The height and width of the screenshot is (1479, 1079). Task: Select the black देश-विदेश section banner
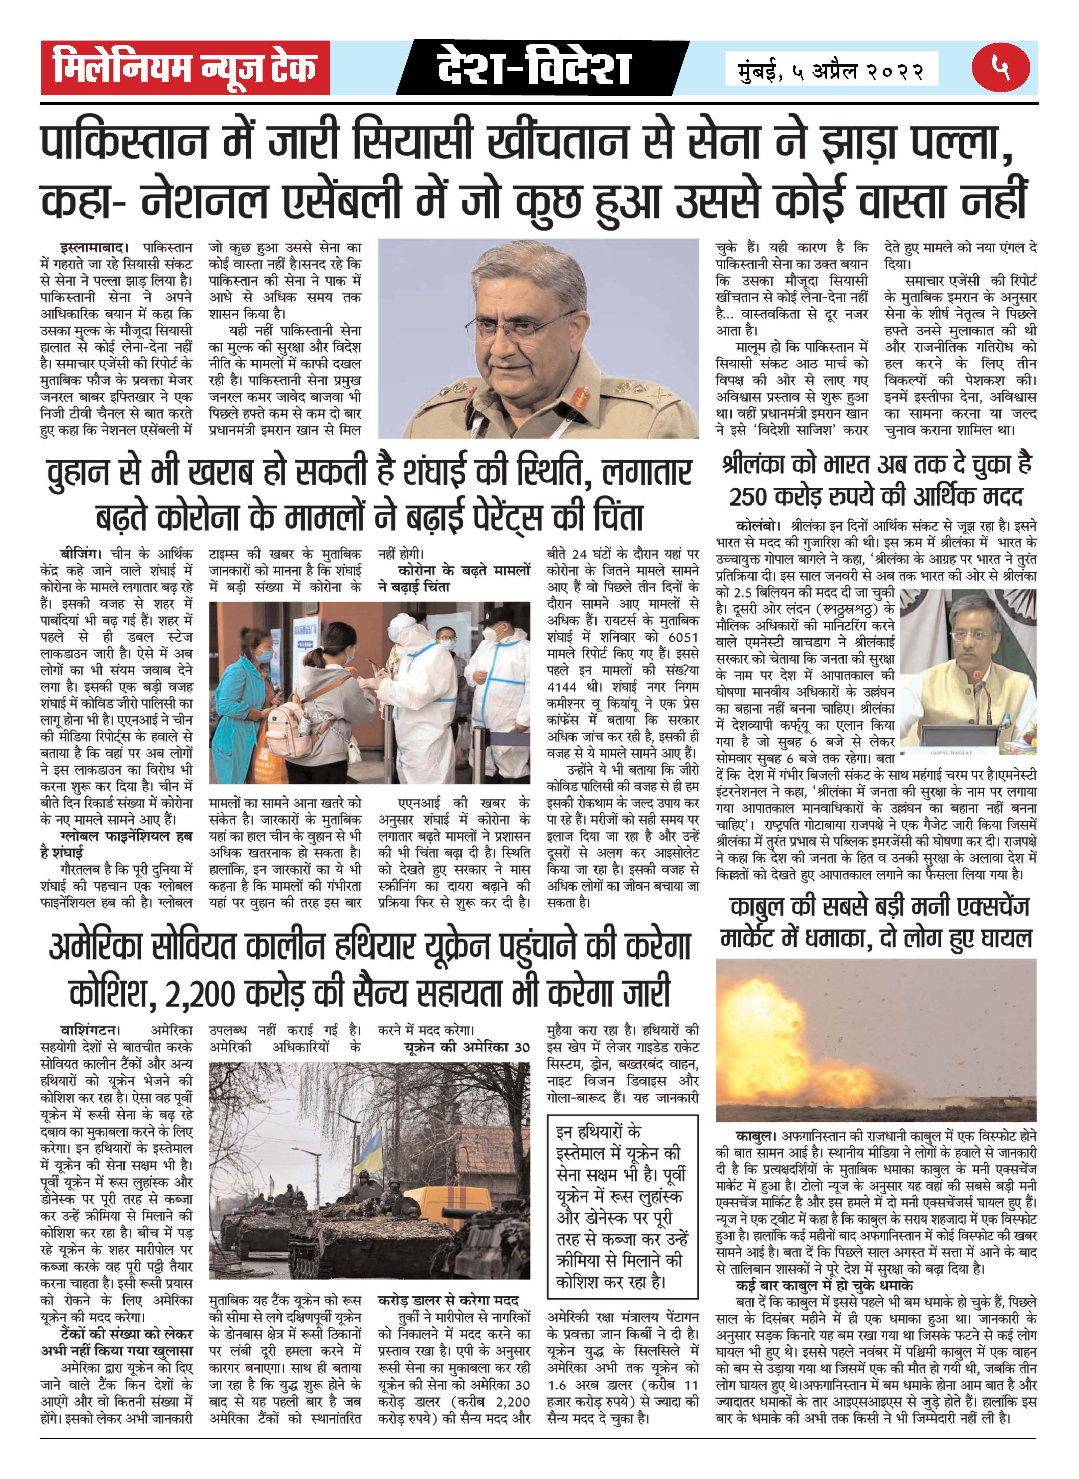[534, 67]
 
